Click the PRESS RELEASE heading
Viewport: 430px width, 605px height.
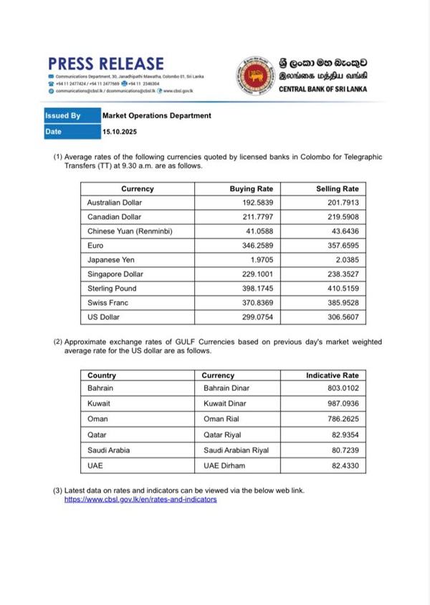[x=106, y=64]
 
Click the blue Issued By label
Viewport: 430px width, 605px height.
[x=63, y=115]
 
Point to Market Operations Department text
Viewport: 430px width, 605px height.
[x=156, y=115]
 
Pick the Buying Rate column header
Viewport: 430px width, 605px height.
[x=251, y=189]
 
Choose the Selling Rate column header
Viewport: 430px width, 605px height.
[x=337, y=189]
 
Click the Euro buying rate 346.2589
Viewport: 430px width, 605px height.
[x=259, y=246]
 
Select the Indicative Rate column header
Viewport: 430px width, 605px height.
[x=332, y=375]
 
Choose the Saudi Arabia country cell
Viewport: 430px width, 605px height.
[x=109, y=450]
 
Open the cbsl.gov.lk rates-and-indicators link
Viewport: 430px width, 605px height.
[x=140, y=499]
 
